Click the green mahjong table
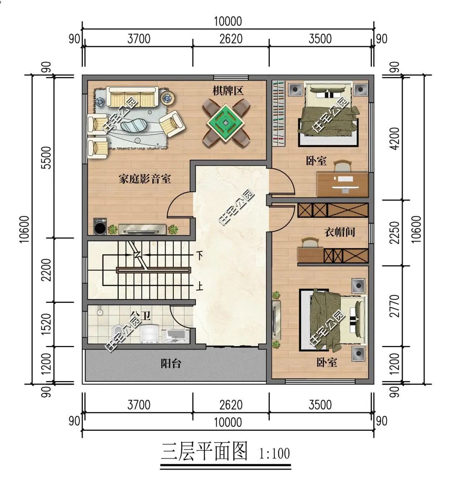pos(226,123)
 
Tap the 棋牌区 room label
pos(228,91)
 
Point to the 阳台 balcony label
pos(171,363)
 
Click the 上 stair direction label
pos(200,287)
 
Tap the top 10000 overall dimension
pos(228,21)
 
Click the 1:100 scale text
pos(274,453)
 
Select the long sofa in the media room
pos(132,96)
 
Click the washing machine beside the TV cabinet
pos(100,228)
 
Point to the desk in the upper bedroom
pos(342,184)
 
